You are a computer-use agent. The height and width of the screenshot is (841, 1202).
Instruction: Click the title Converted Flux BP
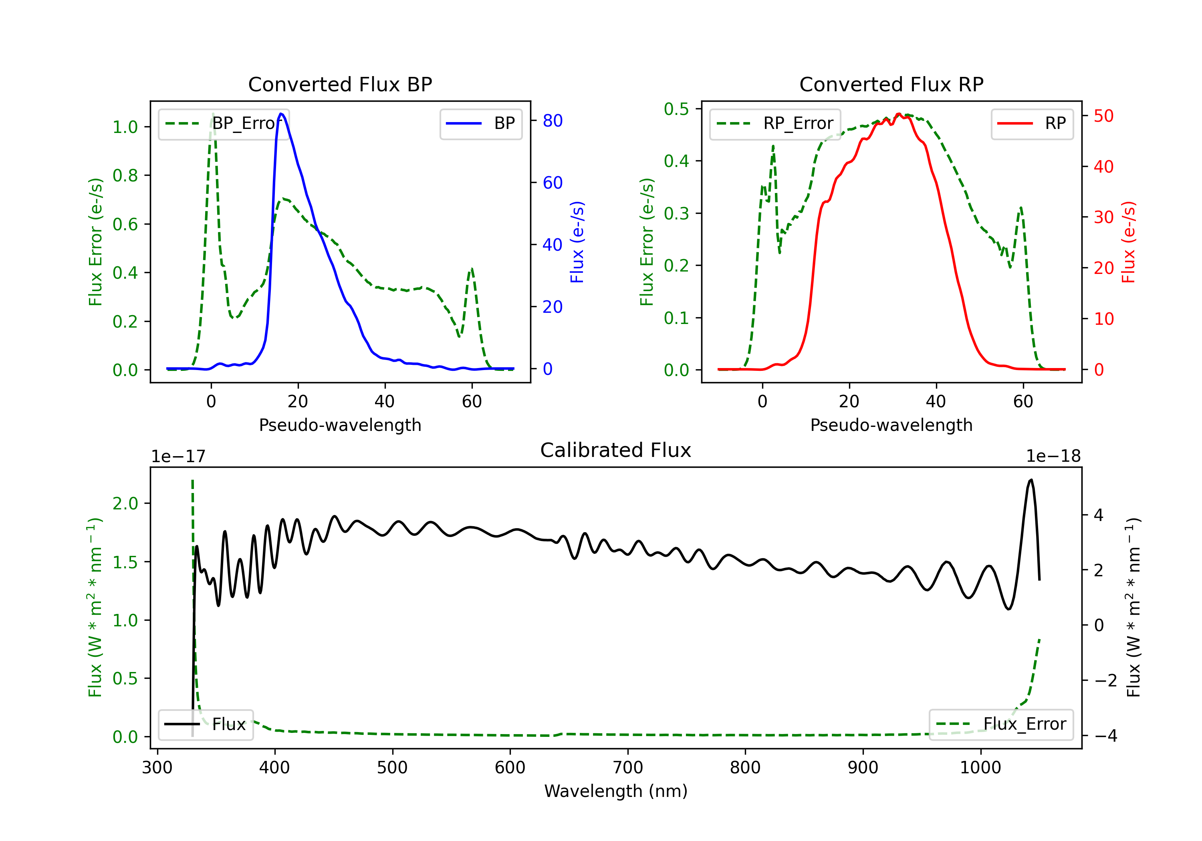(x=340, y=84)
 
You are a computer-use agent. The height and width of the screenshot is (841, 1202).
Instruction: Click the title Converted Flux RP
(x=891, y=84)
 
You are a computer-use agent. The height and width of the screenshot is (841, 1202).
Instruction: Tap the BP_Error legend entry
(x=224, y=123)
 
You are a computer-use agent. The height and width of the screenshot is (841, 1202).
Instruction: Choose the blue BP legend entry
(x=480, y=123)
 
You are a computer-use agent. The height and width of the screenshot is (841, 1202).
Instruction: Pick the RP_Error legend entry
(x=775, y=123)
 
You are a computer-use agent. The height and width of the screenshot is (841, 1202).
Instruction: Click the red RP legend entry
(x=1032, y=123)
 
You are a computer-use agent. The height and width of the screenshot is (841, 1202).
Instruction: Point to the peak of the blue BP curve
(x=281, y=114)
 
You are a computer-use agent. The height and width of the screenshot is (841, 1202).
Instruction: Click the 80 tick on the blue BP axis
(x=552, y=121)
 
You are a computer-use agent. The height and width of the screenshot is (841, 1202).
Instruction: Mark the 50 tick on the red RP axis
(x=1103, y=116)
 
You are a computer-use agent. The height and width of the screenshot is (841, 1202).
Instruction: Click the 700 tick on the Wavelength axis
(x=628, y=768)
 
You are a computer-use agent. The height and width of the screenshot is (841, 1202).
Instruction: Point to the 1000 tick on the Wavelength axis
(x=980, y=768)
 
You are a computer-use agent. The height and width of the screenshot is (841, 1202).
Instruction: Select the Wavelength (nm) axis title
(x=616, y=791)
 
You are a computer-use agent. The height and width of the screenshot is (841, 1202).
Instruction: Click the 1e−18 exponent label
(x=1053, y=457)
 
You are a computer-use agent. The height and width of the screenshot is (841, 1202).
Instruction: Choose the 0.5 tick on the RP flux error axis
(x=676, y=109)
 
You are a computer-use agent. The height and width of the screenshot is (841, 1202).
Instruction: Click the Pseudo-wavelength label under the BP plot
(x=340, y=425)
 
